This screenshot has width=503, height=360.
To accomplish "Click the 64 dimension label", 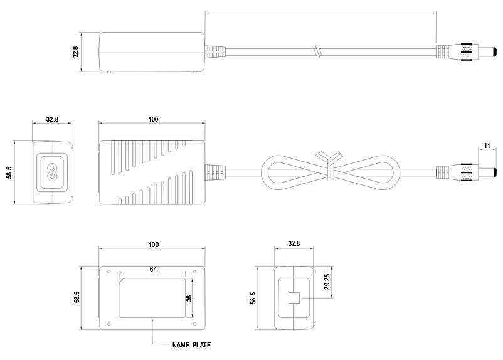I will (152, 268).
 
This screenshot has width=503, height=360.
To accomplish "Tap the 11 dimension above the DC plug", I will (487, 146).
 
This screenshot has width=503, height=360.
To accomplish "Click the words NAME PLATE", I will (192, 344).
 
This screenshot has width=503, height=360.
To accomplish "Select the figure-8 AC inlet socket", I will (52, 170).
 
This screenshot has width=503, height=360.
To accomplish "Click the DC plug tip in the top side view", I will (484, 51).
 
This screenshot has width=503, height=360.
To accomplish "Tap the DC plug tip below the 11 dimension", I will (485, 171).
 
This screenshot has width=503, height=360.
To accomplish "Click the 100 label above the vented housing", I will (152, 119).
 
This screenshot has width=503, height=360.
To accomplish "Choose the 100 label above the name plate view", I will (152, 244).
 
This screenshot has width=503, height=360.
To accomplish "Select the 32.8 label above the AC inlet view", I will (52, 119).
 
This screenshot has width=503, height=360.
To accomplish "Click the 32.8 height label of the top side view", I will (76, 51).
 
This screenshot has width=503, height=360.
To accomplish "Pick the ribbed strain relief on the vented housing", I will (216, 171).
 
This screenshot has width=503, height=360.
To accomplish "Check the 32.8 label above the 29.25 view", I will (294, 244).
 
